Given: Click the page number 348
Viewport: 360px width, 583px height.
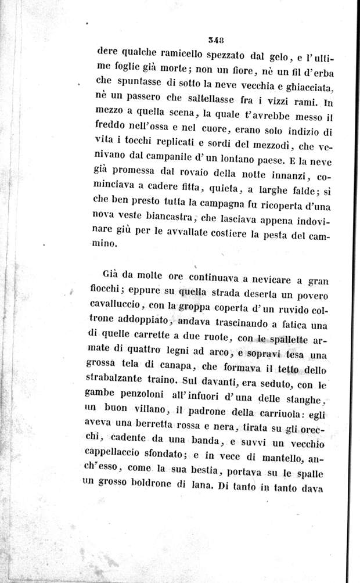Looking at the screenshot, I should [216, 39].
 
